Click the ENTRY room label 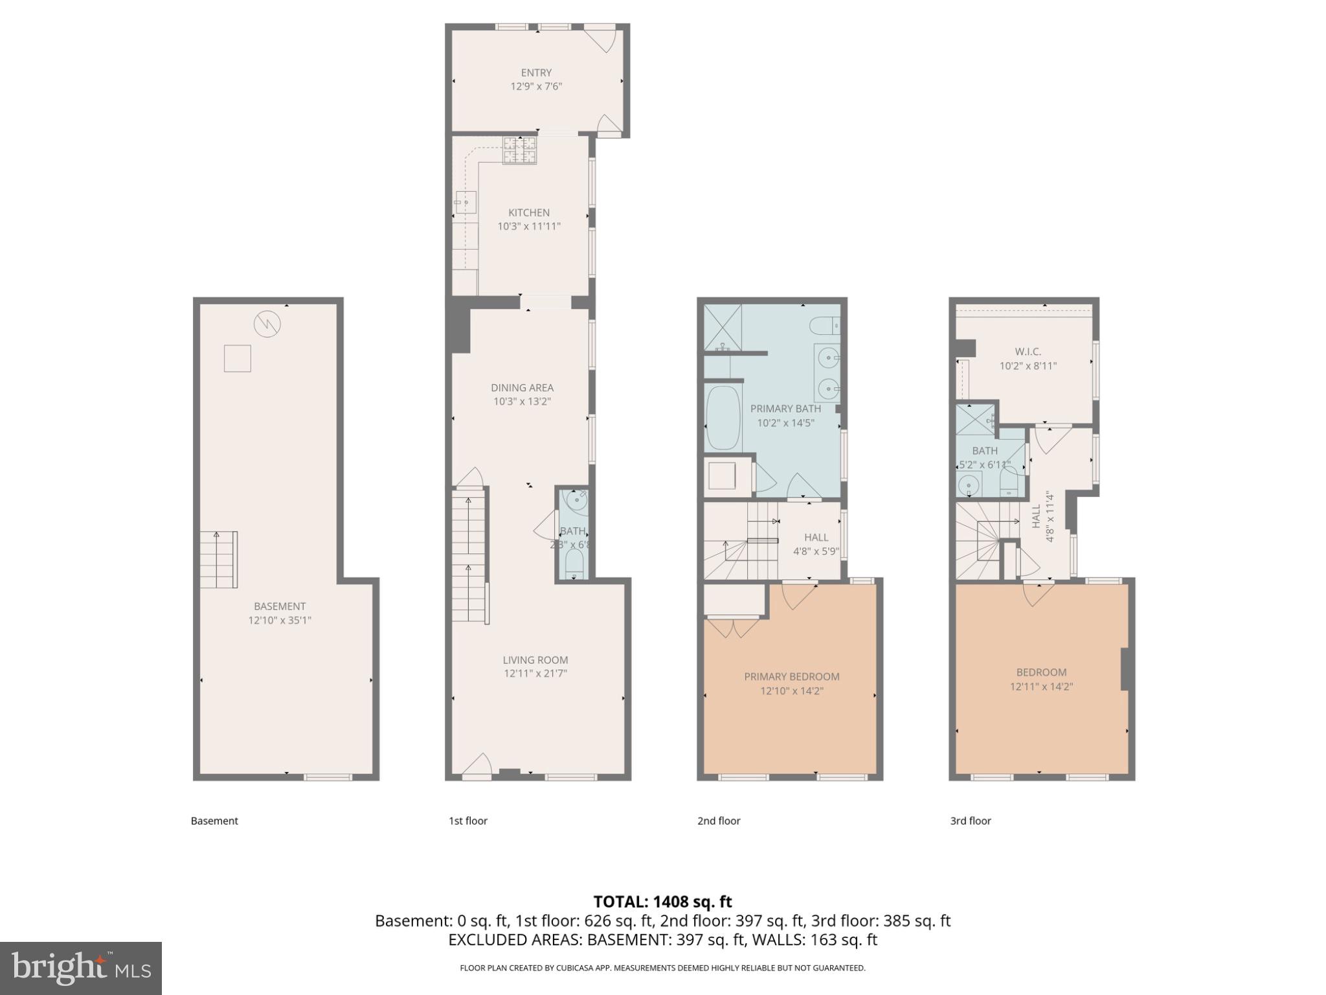pos(536,73)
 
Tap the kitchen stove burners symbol pos(520,150)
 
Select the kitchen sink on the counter pos(465,202)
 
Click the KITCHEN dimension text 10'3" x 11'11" pos(528,226)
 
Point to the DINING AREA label pos(522,387)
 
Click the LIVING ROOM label pos(535,659)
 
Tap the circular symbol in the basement pos(267,324)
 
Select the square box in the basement pos(237,358)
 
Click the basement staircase pos(218,559)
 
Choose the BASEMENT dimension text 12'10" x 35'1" pos(280,620)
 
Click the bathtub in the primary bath pos(723,418)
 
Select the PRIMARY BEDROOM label pos(791,676)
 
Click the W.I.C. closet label pos(1028,351)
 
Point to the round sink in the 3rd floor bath pos(969,485)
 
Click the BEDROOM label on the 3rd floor pos(1041,672)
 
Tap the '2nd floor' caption pos(718,821)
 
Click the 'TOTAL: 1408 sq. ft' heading pos(662,901)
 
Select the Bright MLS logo pos(80,968)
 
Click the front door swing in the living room pos(477,764)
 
